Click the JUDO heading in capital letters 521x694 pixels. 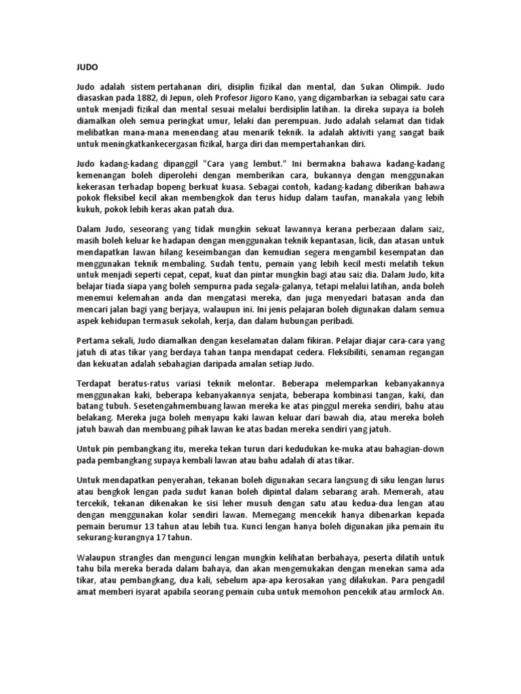tap(85, 68)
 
